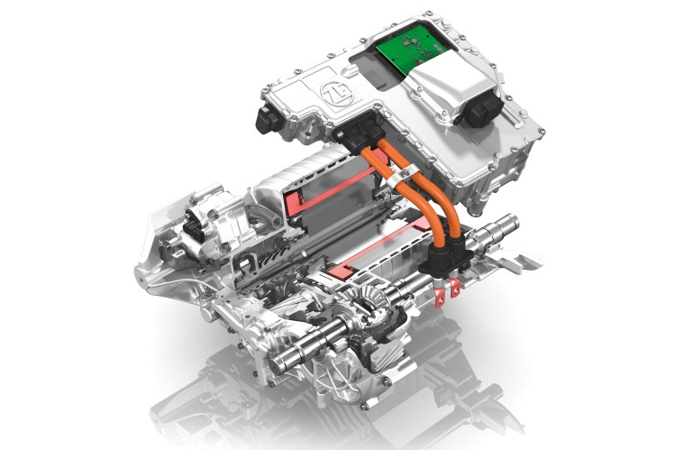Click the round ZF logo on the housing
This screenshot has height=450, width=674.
pos(337,94)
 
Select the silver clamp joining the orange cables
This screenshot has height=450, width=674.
pos(399,176)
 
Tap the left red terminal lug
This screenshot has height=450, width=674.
pos(440,297)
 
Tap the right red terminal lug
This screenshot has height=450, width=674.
pos(454,289)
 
